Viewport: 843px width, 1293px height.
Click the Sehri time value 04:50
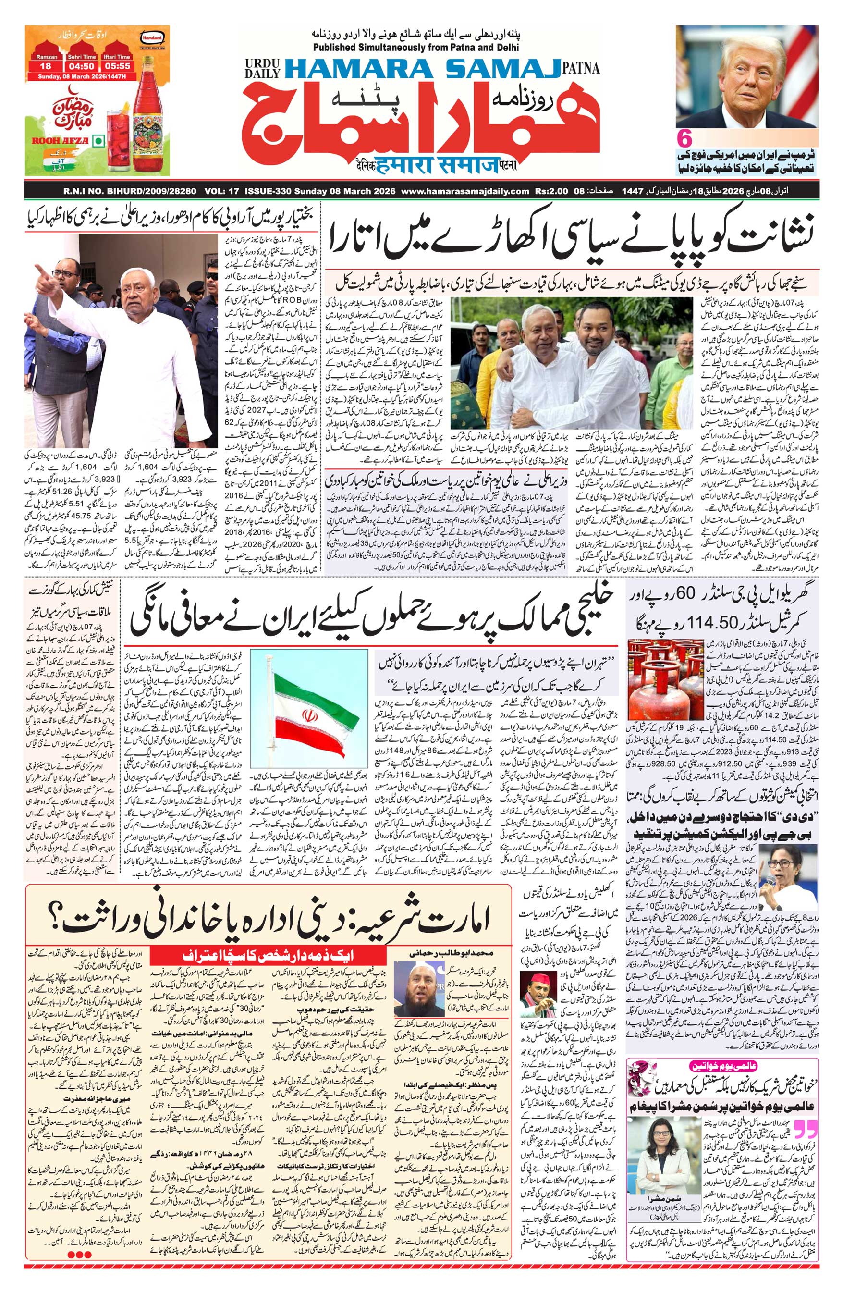click(82, 67)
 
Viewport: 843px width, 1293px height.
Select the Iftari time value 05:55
click(117, 67)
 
